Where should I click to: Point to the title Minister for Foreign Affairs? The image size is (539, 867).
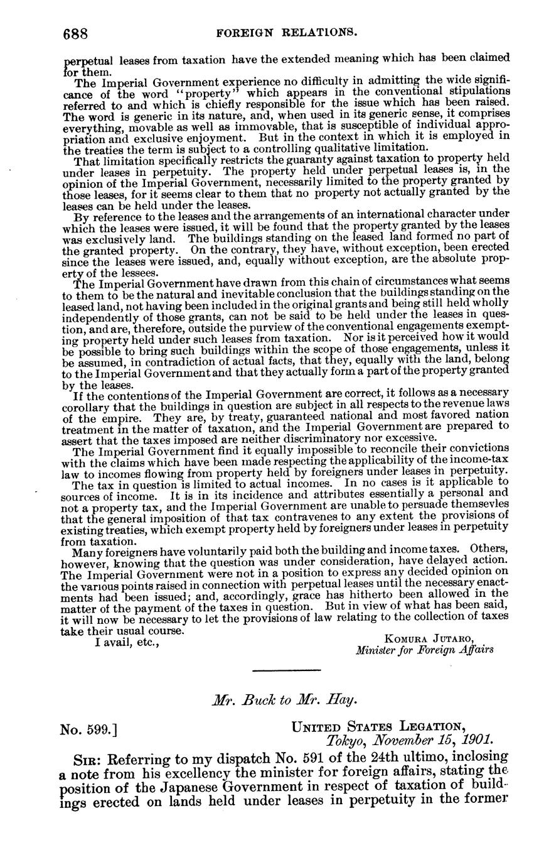(424, 650)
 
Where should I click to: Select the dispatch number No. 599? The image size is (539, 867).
(88, 730)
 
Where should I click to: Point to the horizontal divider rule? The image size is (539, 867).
(286, 670)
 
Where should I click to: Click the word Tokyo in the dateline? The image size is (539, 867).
(346, 741)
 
